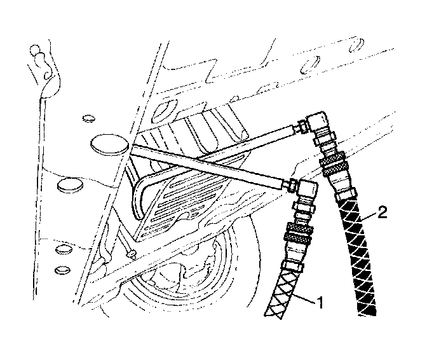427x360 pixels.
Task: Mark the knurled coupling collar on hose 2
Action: pos(332,167)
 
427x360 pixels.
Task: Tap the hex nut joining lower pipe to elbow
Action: pos(291,185)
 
